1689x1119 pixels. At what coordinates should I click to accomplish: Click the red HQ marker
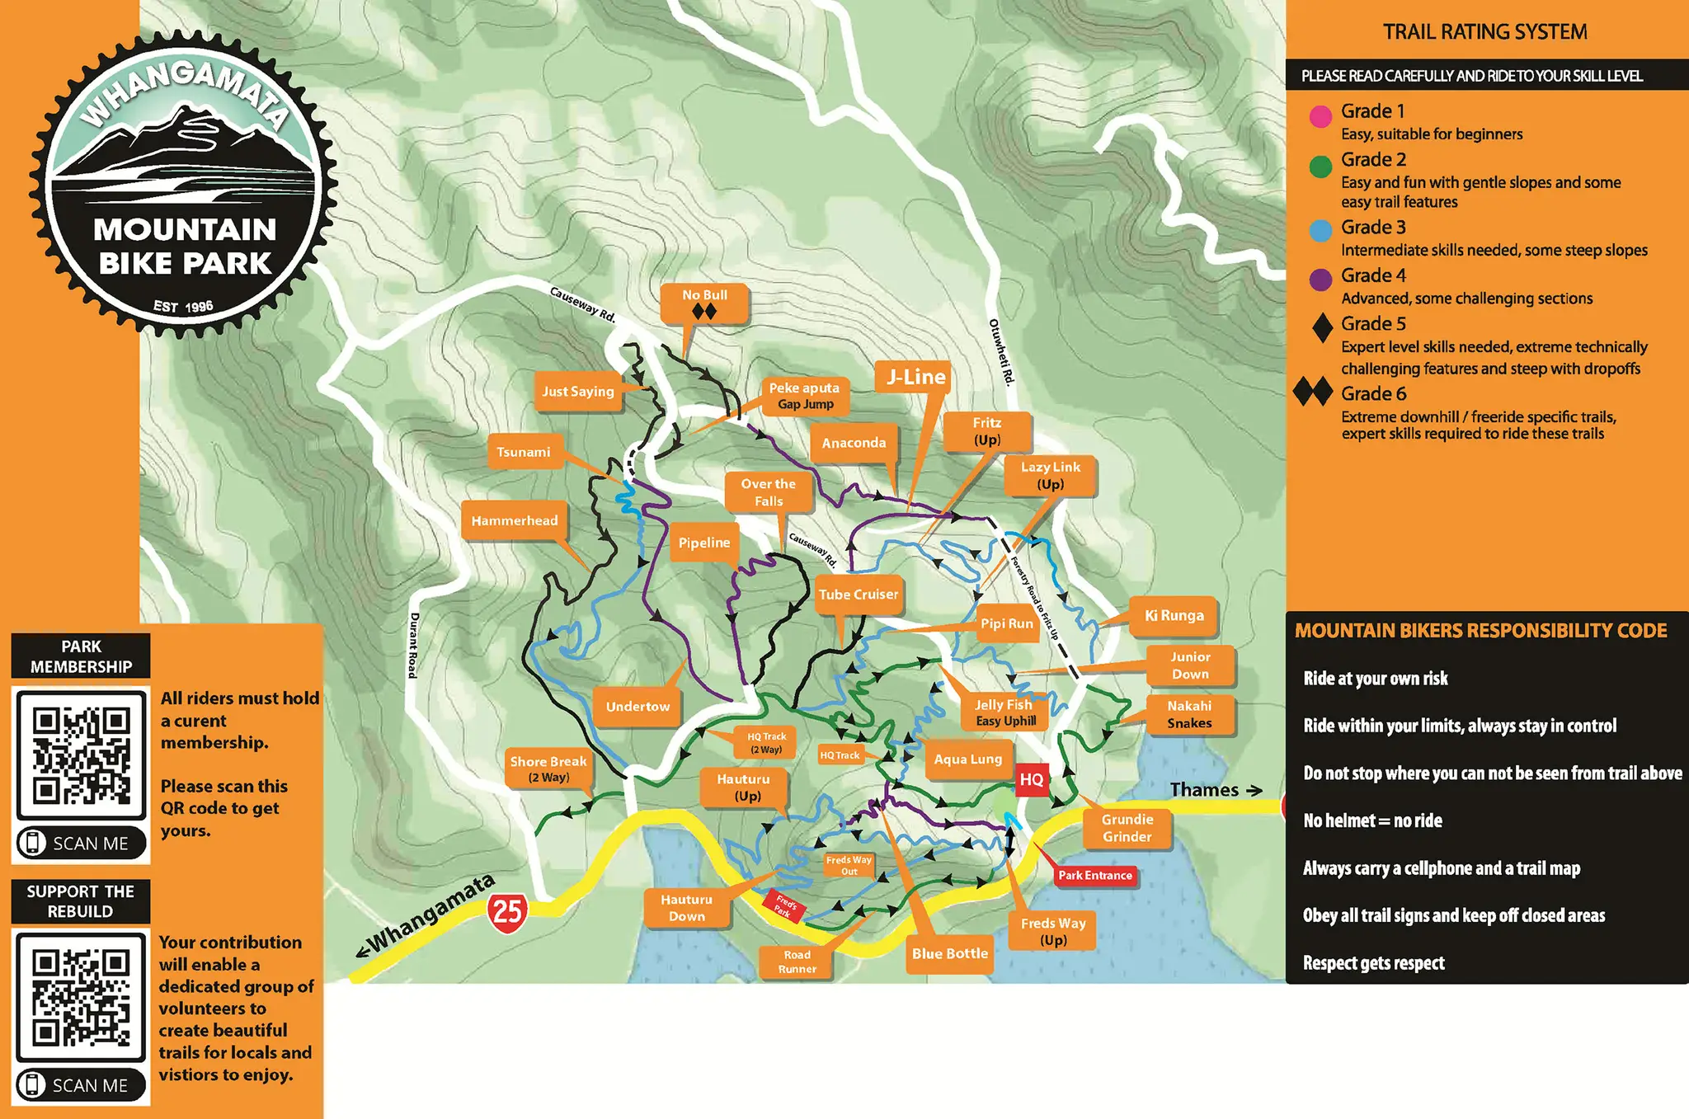pyautogui.click(x=1031, y=779)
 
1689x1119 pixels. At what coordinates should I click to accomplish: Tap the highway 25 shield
pyautogui.click(x=507, y=912)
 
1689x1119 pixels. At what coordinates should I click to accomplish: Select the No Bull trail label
pyautogui.click(x=704, y=303)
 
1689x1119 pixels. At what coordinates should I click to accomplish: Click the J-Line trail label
pyautogui.click(x=915, y=377)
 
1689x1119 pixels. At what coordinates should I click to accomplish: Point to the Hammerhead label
pyautogui.click(x=515, y=520)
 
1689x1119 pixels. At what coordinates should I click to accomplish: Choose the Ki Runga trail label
pyautogui.click(x=1174, y=616)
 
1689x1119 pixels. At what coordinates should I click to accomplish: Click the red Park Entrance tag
pyautogui.click(x=1095, y=875)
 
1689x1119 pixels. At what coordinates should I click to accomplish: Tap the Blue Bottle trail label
pyautogui.click(x=949, y=953)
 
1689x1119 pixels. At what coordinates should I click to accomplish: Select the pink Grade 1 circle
pyautogui.click(x=1320, y=116)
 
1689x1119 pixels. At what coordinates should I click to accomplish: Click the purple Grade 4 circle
pyautogui.click(x=1320, y=280)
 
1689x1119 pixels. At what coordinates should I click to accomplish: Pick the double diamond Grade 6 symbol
pyautogui.click(x=1313, y=392)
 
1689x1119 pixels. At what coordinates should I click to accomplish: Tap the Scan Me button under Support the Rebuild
pyautogui.click(x=81, y=1085)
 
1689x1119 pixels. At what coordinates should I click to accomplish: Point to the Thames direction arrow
pyautogui.click(x=1254, y=790)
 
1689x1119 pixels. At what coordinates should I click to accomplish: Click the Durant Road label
pyautogui.click(x=414, y=645)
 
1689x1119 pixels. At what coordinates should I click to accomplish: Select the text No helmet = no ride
pyautogui.click(x=1372, y=820)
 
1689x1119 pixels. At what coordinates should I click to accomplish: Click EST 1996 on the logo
pyautogui.click(x=183, y=307)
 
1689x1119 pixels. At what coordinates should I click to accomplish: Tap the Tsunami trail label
pyautogui.click(x=524, y=452)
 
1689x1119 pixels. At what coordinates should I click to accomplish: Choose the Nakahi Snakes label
pyautogui.click(x=1189, y=714)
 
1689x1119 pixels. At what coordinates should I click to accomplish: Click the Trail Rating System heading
pyautogui.click(x=1484, y=32)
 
